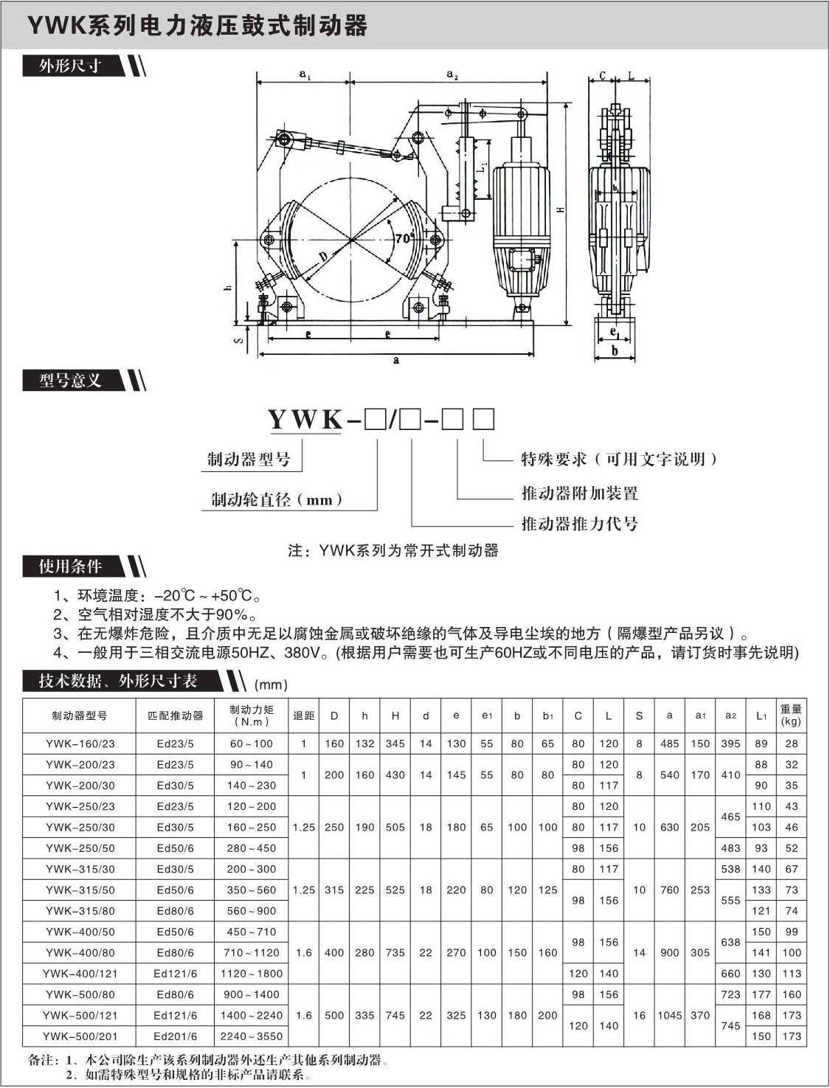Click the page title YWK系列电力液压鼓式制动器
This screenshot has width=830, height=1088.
click(197, 27)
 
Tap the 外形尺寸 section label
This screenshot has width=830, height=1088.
click(71, 66)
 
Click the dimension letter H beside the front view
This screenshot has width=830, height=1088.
click(561, 209)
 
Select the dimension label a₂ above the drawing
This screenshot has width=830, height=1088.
click(452, 74)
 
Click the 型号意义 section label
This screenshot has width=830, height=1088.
click(71, 381)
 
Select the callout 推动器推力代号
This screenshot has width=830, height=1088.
click(579, 524)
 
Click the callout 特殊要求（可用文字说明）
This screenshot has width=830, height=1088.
click(618, 460)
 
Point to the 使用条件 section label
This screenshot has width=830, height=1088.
click(71, 566)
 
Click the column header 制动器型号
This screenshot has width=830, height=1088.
click(80, 715)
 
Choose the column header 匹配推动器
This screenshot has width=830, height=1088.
click(175, 715)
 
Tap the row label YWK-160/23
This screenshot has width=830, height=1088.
click(80, 744)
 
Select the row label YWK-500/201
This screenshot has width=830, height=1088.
click(80, 1036)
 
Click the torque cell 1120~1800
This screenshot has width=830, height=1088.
click(251, 973)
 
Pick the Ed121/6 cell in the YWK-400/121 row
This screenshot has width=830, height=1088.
click(175, 973)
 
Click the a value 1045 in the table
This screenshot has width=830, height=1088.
click(669, 1015)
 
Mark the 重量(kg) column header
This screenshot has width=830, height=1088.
click(791, 715)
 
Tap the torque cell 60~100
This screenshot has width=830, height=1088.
click(251, 744)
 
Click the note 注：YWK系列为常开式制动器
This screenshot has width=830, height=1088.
click(393, 550)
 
